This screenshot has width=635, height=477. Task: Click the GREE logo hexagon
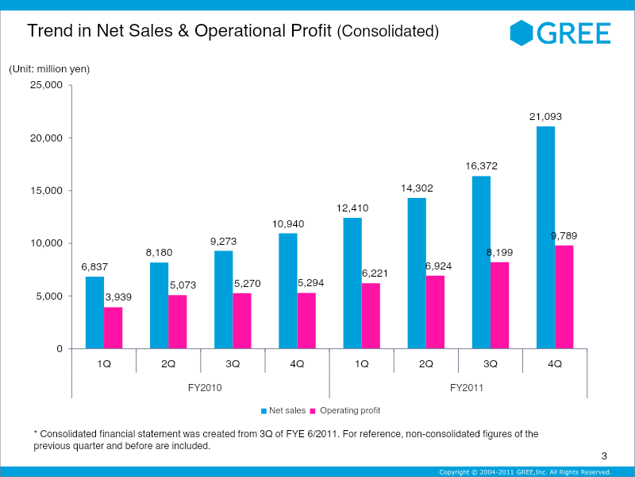tap(521, 33)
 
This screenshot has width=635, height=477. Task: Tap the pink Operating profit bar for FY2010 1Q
tap(114, 328)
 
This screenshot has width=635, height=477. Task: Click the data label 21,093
tap(545, 117)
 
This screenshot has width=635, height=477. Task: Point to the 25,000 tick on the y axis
tap(46, 85)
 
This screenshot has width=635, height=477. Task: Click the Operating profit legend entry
tap(344, 410)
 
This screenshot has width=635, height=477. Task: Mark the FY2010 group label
tap(202, 388)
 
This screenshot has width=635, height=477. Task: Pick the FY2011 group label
tap(459, 388)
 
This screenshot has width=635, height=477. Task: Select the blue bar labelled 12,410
tap(352, 283)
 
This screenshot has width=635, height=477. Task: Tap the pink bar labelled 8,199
tap(499, 305)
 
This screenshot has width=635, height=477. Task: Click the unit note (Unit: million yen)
tap(49, 69)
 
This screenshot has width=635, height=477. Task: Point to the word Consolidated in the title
tap(388, 32)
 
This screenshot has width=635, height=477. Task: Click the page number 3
tap(604, 456)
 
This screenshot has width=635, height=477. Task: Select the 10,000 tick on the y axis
tap(46, 243)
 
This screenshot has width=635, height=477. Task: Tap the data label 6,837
tap(94, 266)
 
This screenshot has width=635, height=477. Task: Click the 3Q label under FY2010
tap(233, 363)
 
